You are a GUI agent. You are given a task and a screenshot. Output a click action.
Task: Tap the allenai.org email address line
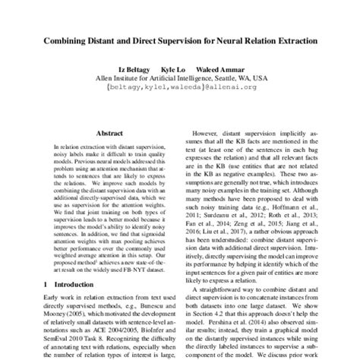pyautogui.click(x=180, y=87)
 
